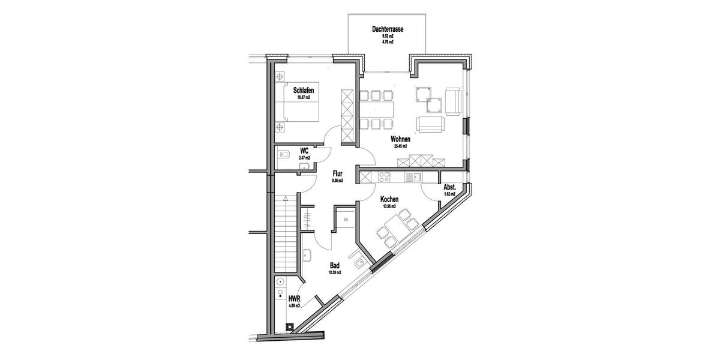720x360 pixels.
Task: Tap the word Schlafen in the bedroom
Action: pos(304,91)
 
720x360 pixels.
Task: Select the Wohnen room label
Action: pos(400,139)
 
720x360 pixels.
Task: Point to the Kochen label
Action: pos(389,199)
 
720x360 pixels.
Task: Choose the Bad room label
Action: pos(334,265)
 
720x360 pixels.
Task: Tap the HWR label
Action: pos(294,298)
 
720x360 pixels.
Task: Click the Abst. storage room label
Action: pos(449,187)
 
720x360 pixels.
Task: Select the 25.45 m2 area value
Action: pos(400,146)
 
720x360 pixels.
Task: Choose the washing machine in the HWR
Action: pos(280,283)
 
